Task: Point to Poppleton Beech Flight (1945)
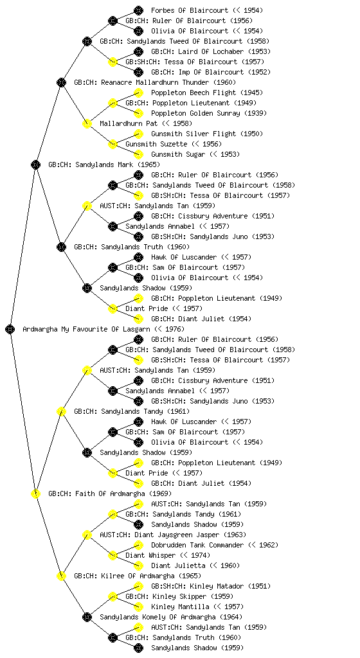click(207, 93)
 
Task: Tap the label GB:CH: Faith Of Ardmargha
click(110, 493)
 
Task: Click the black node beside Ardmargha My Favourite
click(10, 329)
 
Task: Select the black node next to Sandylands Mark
click(35, 164)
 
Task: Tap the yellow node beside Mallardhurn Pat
click(87, 123)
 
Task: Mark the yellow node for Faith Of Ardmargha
click(35, 493)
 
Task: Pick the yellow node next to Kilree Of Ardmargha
click(61, 576)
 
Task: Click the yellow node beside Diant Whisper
click(113, 555)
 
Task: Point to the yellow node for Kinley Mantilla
click(138, 607)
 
